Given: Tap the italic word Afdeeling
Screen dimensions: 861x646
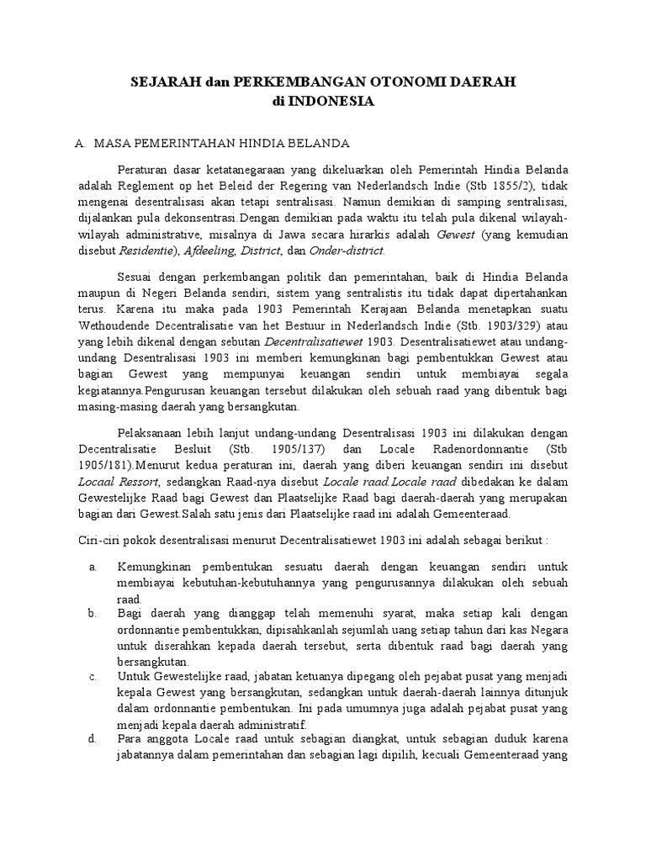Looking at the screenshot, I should coord(209,251).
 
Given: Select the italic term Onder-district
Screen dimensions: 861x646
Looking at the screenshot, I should coord(347,251).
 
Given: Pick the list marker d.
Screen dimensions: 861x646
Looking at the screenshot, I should coord(93,739).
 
